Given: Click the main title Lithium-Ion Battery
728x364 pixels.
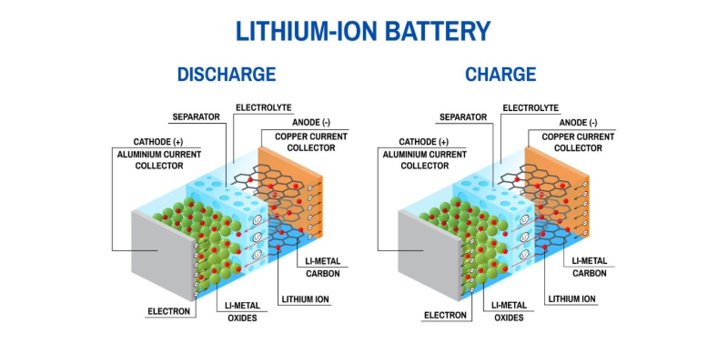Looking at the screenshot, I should pos(363,31).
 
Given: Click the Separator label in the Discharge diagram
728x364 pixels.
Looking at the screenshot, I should pos(198,117).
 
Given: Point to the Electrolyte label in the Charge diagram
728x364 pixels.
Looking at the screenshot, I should pos(531,107).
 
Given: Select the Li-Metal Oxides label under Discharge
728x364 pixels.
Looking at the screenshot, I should pos(242,311).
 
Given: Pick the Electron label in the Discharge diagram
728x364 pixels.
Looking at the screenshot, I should pos(169,311).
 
